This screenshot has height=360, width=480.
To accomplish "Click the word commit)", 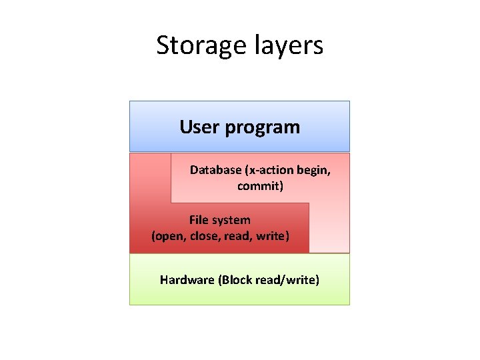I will coord(261,186).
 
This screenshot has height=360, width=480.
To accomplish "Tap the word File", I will coord(199,220).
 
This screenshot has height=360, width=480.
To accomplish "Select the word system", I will coord(231,220).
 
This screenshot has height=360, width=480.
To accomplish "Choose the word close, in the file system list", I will coord(207,236).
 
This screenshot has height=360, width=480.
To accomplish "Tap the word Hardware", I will coord(187,280).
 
